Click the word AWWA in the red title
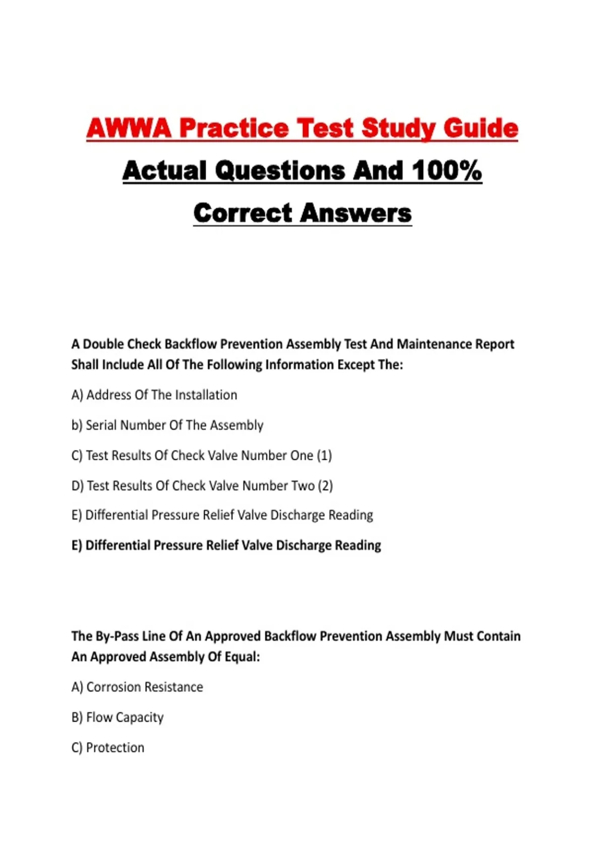coord(129,128)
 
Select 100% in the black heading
coord(447,170)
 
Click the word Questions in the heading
coord(281,170)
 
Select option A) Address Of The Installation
coord(154,395)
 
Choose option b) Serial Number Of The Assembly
coord(167,425)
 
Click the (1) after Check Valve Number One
coord(324,455)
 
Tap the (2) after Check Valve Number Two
coord(325,485)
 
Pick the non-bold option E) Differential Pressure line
coord(222,515)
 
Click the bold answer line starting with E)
coord(226,545)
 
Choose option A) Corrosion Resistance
coord(137,687)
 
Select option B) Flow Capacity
coord(117,717)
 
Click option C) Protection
coord(108,748)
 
